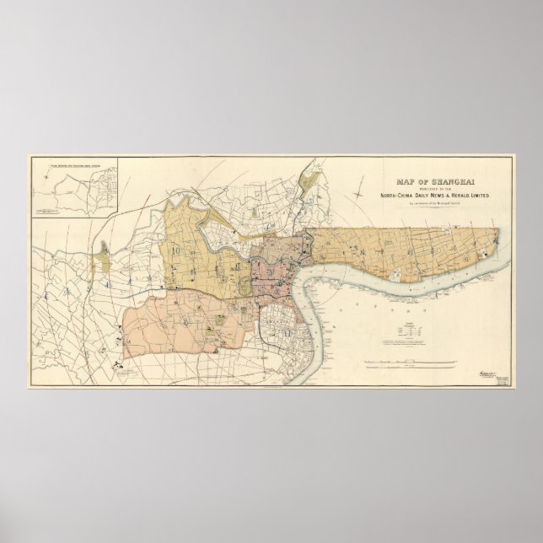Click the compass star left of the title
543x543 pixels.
click(363, 196)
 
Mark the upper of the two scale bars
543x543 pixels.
click(411, 362)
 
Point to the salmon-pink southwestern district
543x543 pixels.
click(181, 325)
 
